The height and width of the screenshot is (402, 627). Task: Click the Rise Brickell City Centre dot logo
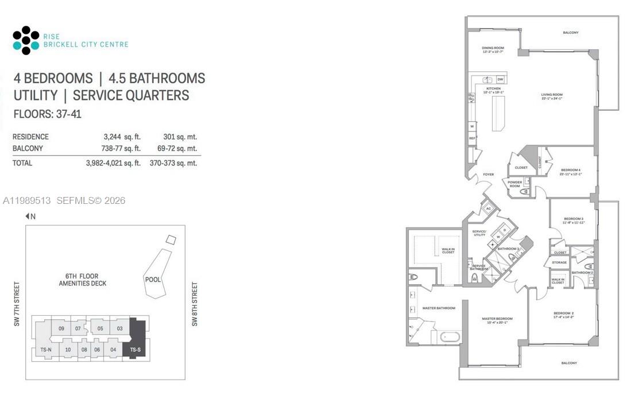pyautogui.click(x=26, y=40)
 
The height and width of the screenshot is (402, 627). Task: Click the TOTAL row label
pyautogui.click(x=22, y=163)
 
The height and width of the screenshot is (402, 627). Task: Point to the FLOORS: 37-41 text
pyautogui.click(x=47, y=114)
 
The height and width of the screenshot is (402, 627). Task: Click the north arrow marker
pyautogui.click(x=30, y=217)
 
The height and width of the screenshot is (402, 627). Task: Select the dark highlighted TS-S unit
pyautogui.click(x=136, y=349)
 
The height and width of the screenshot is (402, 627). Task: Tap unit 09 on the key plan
pyautogui.click(x=61, y=328)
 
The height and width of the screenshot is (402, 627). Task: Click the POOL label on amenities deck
pyautogui.click(x=153, y=280)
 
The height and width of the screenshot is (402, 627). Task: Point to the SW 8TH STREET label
pyautogui.click(x=195, y=304)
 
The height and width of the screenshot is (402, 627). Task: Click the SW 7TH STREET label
pyautogui.click(x=17, y=304)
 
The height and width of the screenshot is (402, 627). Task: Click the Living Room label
pyautogui.click(x=551, y=96)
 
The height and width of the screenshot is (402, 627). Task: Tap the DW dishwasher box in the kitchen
pyautogui.click(x=500, y=79)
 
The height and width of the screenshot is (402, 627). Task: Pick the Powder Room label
pyautogui.click(x=514, y=184)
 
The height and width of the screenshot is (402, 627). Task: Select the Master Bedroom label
pyautogui.click(x=497, y=320)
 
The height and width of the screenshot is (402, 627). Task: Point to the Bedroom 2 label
pyautogui.click(x=564, y=314)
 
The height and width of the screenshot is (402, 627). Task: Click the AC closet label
pyautogui.click(x=489, y=210)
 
